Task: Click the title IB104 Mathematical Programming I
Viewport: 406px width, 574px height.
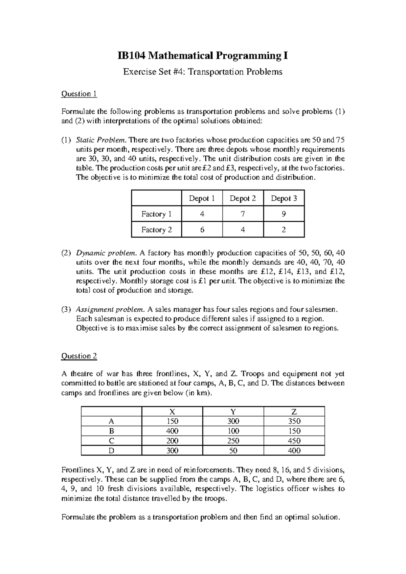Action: pyautogui.click(x=203, y=56)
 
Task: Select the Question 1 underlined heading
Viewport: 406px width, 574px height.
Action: pyautogui.click(x=79, y=94)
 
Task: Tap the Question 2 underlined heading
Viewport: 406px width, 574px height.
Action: pyautogui.click(x=79, y=356)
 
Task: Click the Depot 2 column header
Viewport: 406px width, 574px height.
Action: pyautogui.click(x=243, y=198)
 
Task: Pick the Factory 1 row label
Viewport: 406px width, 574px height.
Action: pyautogui.click(x=156, y=214)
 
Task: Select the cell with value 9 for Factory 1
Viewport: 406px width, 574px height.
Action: pyautogui.click(x=284, y=214)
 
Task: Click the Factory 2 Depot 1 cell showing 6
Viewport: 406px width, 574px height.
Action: pyautogui.click(x=202, y=229)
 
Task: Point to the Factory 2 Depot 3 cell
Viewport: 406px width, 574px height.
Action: pyautogui.click(x=284, y=229)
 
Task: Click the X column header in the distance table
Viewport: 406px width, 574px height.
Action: pyautogui.click(x=172, y=412)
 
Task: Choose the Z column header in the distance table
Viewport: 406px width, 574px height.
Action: pyautogui.click(x=294, y=412)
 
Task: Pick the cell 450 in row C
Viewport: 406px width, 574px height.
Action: pyautogui.click(x=294, y=441)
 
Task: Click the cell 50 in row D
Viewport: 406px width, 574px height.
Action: pyautogui.click(x=233, y=450)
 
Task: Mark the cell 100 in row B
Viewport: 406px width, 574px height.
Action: pyautogui.click(x=233, y=431)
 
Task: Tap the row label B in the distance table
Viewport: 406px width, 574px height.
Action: pyautogui.click(x=111, y=431)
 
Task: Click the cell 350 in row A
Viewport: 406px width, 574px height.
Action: pyautogui.click(x=294, y=421)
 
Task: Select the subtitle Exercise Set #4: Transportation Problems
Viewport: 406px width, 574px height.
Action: pyautogui.click(x=203, y=72)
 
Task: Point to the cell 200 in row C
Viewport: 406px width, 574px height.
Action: pyautogui.click(x=172, y=441)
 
